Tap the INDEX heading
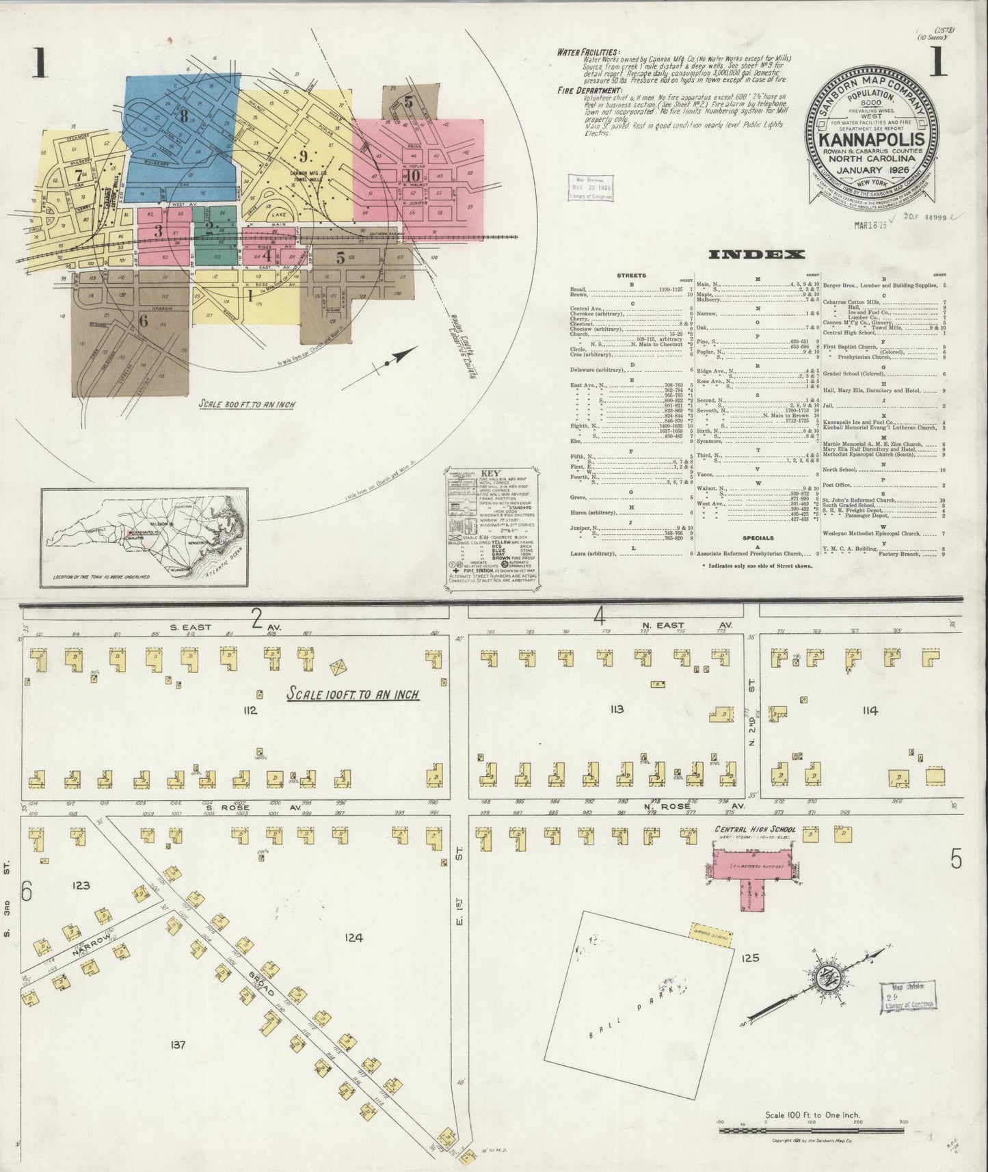pyautogui.click(x=756, y=255)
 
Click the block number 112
pyautogui.click(x=249, y=710)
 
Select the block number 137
pyautogui.click(x=178, y=1044)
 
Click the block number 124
pyautogui.click(x=353, y=937)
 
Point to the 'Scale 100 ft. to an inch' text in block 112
pyautogui.click(x=352, y=695)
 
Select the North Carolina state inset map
pyautogui.click(x=144, y=537)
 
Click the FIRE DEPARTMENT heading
pyautogui.click(x=587, y=89)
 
